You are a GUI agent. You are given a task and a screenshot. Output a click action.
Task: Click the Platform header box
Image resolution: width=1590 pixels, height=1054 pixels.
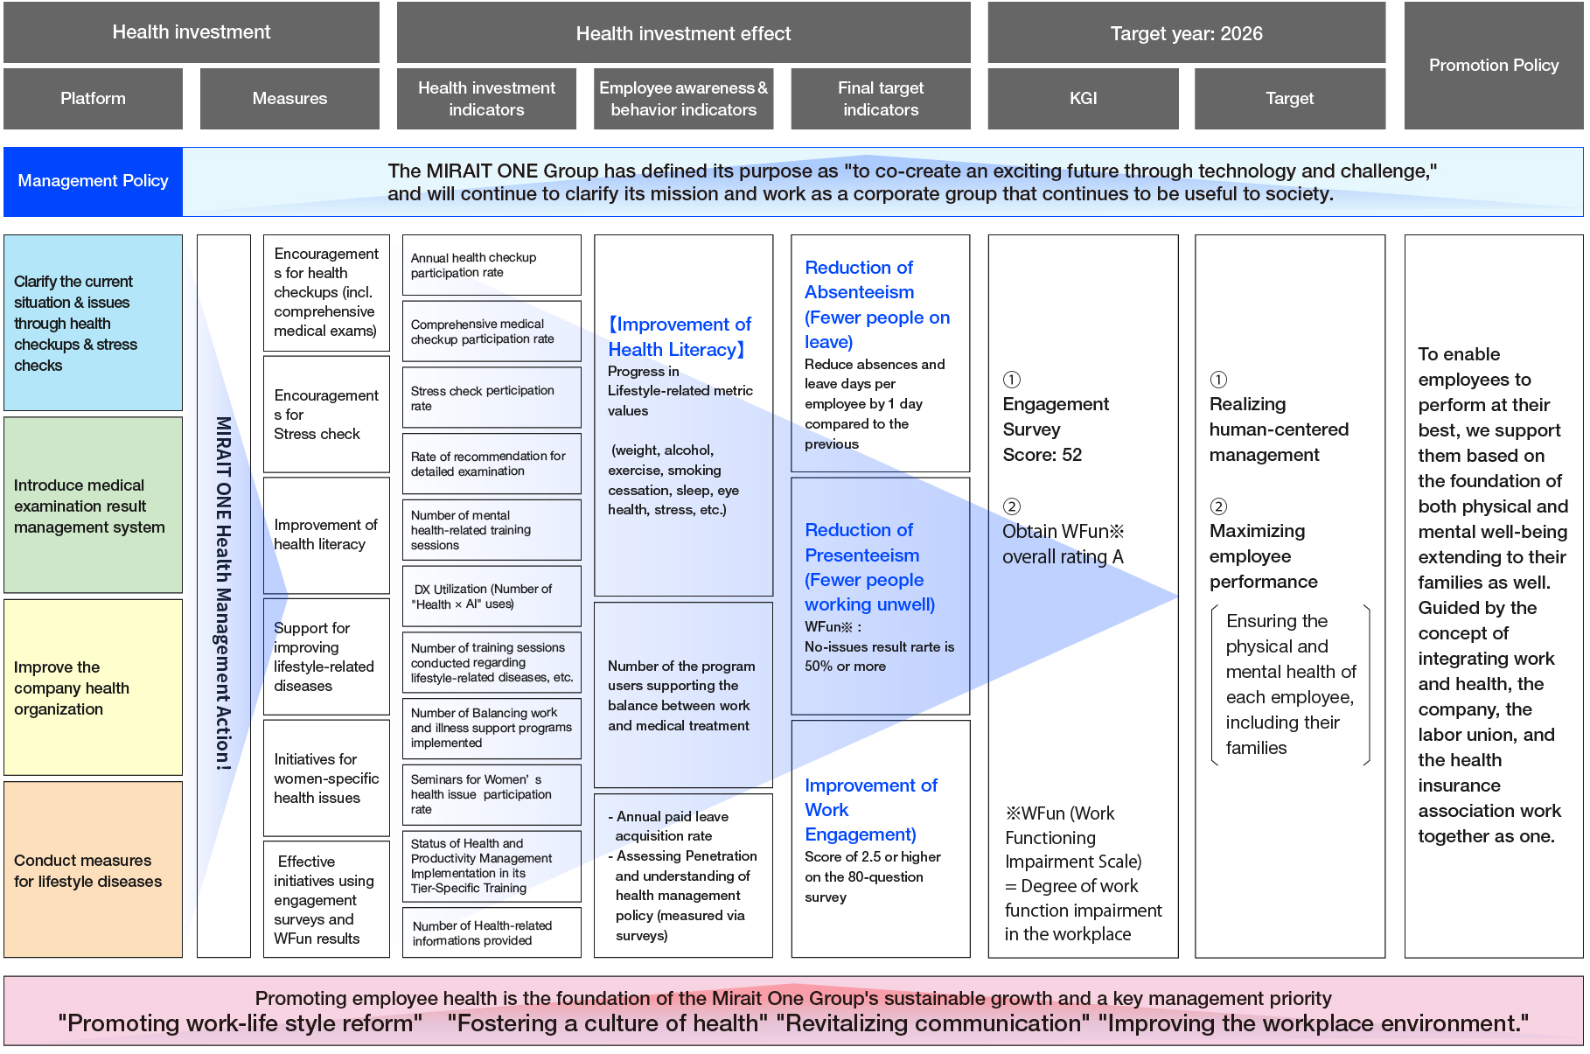pyautogui.click(x=93, y=99)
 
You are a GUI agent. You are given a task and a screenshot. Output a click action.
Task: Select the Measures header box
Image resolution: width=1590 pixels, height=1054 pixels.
pyautogui.click(x=289, y=99)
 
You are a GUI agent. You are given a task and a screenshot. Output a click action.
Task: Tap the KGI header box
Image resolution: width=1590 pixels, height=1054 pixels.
pyautogui.click(x=1083, y=99)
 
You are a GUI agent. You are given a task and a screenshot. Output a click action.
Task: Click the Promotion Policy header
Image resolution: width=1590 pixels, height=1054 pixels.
pyautogui.click(x=1494, y=66)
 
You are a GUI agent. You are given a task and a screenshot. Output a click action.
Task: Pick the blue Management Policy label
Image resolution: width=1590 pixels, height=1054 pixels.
pyautogui.click(x=93, y=181)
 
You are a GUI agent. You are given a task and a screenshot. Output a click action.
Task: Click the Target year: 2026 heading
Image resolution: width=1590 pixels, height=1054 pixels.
pyautogui.click(x=1187, y=33)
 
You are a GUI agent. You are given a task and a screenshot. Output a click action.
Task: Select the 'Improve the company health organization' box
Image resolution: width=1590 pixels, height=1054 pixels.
pyautogui.click(x=93, y=688)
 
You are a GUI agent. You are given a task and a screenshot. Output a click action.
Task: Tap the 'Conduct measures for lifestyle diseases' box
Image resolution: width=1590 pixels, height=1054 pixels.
pyautogui.click(x=93, y=869)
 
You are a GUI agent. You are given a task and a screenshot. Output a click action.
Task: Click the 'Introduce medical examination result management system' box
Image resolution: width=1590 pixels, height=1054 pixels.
pyautogui.click(x=93, y=506)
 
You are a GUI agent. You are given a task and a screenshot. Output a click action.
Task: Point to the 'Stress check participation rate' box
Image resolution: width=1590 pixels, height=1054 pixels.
pyautogui.click(x=492, y=398)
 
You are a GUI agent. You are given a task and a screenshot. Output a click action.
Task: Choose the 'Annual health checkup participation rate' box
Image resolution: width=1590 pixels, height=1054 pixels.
pyautogui.click(x=492, y=265)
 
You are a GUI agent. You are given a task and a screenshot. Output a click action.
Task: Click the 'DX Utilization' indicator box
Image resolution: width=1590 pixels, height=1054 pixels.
pyautogui.click(x=492, y=597)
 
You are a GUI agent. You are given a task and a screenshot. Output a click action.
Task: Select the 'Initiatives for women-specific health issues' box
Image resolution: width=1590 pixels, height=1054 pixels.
pyautogui.click(x=326, y=778)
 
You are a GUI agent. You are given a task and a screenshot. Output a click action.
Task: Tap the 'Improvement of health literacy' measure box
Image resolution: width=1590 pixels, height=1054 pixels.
pyautogui.click(x=326, y=535)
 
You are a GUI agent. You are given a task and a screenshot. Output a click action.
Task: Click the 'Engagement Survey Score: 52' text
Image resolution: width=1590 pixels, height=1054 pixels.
pyautogui.click(x=1056, y=429)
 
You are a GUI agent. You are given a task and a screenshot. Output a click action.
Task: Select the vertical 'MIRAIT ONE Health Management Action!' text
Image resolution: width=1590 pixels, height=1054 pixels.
pyautogui.click(x=224, y=593)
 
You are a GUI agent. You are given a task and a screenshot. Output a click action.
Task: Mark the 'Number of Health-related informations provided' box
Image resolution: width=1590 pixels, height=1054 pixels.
pyautogui.click(x=492, y=932)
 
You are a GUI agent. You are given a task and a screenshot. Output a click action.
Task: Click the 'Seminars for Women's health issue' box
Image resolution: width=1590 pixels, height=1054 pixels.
pyautogui.click(x=492, y=795)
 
